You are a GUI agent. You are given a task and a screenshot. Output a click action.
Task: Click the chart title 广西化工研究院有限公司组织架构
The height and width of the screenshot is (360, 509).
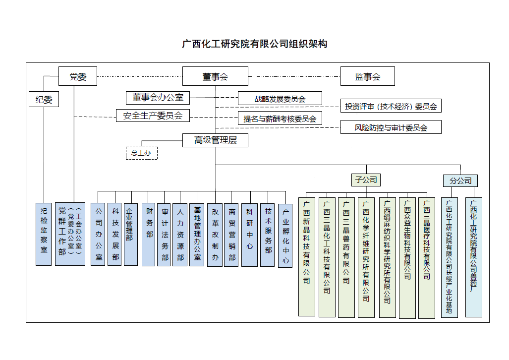[x=255, y=44]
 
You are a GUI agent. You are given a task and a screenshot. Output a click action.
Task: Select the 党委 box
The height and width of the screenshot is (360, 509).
[x=78, y=76]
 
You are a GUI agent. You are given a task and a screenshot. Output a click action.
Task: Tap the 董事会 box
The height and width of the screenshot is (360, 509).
[x=215, y=76]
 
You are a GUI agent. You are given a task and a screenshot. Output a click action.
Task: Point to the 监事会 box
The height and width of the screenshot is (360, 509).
[x=367, y=76]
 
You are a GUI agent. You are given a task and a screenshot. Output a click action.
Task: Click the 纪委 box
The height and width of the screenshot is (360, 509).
[x=44, y=99]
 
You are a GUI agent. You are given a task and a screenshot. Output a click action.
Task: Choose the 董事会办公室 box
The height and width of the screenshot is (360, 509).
[x=158, y=98]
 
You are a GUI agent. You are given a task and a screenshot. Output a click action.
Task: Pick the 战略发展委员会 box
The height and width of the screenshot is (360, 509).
[x=280, y=99]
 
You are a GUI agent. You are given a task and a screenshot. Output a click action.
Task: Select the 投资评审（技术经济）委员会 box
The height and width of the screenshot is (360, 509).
[x=391, y=106]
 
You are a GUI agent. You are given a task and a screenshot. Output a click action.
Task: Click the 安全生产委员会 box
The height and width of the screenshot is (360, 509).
[x=153, y=116]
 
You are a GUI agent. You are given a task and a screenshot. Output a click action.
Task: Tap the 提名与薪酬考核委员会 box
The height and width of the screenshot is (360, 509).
[x=280, y=118]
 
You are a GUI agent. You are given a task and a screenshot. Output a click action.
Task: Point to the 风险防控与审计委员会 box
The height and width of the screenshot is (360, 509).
[x=391, y=127]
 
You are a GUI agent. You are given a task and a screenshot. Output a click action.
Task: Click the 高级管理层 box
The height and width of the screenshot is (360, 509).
[x=215, y=140]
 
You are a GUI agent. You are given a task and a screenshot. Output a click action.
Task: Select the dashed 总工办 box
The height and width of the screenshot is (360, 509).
[x=141, y=153]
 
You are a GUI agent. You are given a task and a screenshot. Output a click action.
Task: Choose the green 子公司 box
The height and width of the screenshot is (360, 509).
[x=366, y=180]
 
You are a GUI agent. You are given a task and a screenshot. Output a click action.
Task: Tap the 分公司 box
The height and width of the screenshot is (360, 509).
[x=460, y=180]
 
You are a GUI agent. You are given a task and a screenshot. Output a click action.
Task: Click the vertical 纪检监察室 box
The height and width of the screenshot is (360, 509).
[x=44, y=234]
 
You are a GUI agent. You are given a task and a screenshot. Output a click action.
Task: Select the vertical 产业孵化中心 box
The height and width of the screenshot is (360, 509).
[x=285, y=236]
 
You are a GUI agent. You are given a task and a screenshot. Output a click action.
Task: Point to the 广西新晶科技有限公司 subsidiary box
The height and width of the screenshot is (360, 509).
[x=307, y=256]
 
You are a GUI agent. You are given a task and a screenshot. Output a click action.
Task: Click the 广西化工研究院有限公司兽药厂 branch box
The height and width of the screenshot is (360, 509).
[x=474, y=257]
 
